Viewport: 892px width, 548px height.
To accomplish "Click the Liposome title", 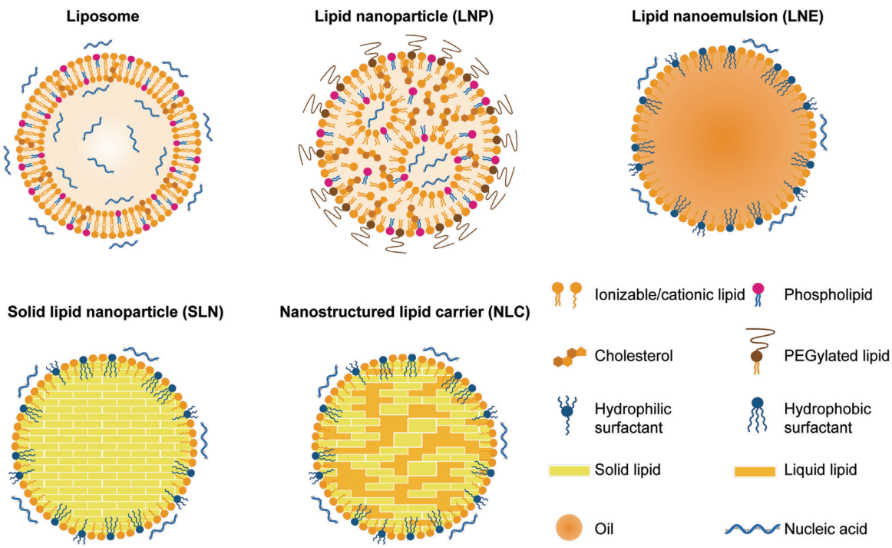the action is (x=102, y=16).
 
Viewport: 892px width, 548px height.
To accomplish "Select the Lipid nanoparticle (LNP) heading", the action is (x=404, y=16).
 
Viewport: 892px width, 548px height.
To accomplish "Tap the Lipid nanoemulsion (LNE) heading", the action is (x=728, y=16).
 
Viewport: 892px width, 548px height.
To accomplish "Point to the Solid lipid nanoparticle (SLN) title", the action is (x=115, y=311).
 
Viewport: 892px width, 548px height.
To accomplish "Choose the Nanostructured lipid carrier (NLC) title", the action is (x=405, y=311).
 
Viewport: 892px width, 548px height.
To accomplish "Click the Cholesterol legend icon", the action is (x=569, y=356).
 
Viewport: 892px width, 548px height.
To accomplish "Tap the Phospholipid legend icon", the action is (x=758, y=294).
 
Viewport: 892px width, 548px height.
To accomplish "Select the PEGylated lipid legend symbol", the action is (x=759, y=351).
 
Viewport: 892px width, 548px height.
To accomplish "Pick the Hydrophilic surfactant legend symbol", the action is (x=567, y=416).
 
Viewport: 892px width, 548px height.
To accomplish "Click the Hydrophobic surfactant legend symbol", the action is (x=757, y=415).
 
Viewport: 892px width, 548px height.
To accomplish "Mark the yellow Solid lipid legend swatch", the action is (x=569, y=470).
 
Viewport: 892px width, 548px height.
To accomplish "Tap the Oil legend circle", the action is (x=569, y=528).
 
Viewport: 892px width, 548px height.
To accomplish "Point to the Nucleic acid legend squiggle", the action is (x=752, y=530).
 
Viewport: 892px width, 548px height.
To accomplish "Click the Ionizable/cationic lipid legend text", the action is (x=669, y=294).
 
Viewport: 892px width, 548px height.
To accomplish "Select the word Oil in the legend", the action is (x=604, y=530).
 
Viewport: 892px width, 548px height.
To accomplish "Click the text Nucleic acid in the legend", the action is (x=825, y=530).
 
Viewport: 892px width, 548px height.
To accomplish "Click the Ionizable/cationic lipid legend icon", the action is (x=567, y=294).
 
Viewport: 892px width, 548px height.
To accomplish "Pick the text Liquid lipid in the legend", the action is (x=821, y=470).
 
